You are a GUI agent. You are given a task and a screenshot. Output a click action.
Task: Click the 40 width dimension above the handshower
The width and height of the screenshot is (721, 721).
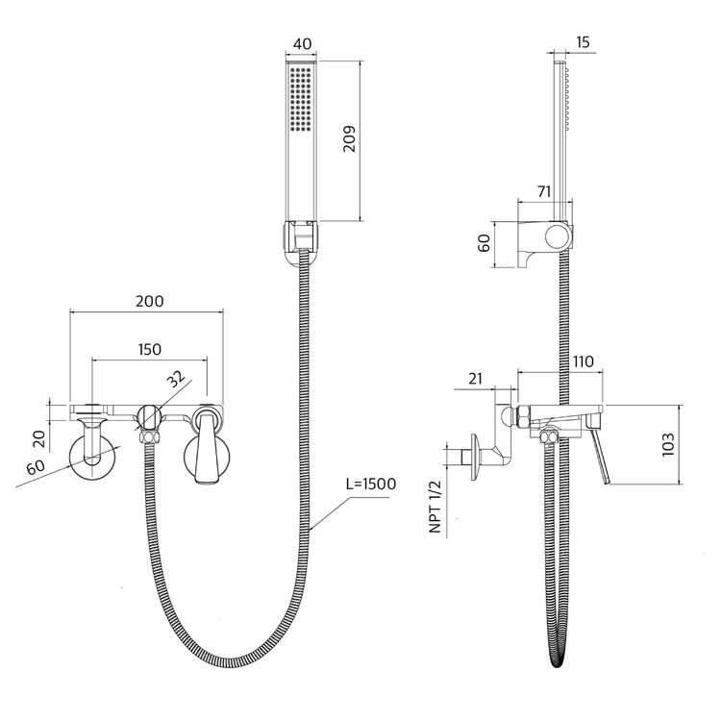tap(302, 43)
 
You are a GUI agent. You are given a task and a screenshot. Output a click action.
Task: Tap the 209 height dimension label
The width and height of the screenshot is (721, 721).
tap(350, 138)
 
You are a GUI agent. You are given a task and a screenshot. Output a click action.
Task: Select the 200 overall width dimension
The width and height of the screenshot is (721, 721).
tap(149, 301)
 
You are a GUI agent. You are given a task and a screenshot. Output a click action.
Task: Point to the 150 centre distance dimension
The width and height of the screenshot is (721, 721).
tap(149, 350)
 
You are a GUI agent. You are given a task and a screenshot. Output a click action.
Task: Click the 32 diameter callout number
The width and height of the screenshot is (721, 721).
tap(176, 379)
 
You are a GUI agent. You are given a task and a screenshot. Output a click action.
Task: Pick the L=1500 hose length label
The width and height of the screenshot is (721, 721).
tap(371, 484)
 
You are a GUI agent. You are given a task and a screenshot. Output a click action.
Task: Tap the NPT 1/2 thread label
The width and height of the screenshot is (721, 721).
tap(435, 507)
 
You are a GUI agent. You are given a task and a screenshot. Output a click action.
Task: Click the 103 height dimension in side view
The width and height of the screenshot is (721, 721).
tap(668, 444)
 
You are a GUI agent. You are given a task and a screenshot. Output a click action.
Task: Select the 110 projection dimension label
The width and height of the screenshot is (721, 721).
tap(584, 361)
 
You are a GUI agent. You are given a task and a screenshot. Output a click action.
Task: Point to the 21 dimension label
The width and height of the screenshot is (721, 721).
tap(476, 379)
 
